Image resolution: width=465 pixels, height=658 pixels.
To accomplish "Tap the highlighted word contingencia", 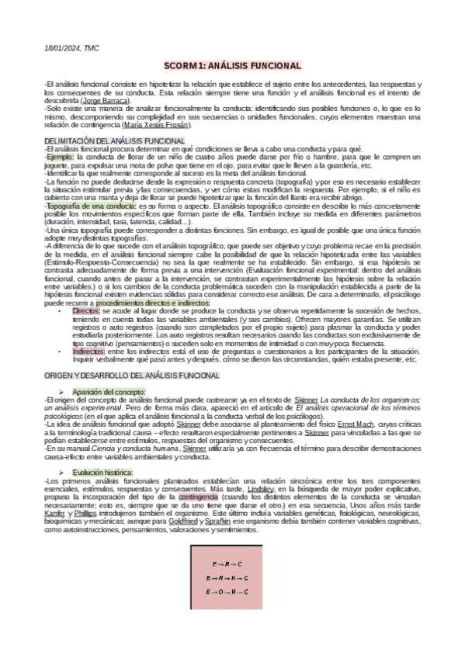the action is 198,497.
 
